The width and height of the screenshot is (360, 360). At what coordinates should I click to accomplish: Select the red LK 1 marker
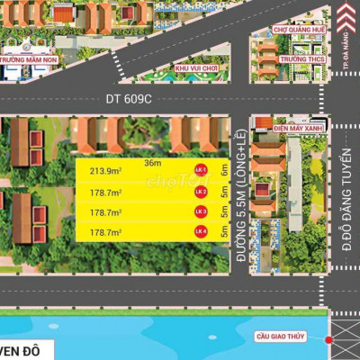[x=202, y=170]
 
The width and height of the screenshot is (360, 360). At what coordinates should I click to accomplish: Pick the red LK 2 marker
[x=202, y=192]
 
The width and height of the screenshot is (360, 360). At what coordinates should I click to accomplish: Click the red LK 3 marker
[x=202, y=212]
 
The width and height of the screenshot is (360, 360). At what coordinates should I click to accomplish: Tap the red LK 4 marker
[x=202, y=233]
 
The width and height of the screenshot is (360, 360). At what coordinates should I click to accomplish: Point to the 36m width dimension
[x=154, y=163]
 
